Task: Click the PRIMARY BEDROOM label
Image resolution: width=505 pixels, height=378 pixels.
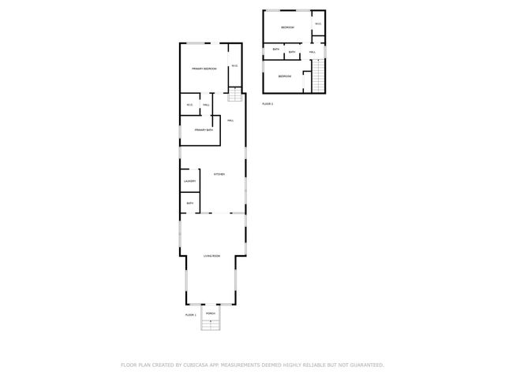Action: tap(204, 69)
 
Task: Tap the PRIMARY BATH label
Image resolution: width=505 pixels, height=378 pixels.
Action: tap(204, 130)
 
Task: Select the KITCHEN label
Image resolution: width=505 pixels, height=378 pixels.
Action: tap(219, 174)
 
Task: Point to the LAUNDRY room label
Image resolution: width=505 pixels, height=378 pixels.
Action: tap(190, 182)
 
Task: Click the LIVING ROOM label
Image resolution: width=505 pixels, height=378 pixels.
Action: tap(211, 256)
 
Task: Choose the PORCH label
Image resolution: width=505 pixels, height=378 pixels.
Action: tap(211, 313)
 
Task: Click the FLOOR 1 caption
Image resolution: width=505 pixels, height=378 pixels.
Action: tap(190, 314)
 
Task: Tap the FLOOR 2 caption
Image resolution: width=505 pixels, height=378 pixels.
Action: tap(267, 103)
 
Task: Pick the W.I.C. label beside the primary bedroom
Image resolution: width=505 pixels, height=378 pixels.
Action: tap(234, 65)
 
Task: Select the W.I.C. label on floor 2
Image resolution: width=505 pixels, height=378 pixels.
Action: tap(318, 24)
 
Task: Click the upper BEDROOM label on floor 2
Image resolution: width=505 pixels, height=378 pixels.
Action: tap(287, 28)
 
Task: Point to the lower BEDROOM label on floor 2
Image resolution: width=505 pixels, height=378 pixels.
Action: tap(284, 76)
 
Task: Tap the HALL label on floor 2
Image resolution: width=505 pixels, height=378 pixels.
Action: tap(312, 53)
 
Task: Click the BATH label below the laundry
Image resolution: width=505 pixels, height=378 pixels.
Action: tap(190, 203)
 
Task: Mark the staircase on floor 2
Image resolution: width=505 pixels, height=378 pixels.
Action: tap(319, 78)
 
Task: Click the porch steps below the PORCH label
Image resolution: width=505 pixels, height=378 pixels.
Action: tap(211, 324)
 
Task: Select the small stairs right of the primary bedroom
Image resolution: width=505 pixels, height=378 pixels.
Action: tap(234, 95)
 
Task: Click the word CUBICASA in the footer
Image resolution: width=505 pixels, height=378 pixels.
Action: tap(199, 365)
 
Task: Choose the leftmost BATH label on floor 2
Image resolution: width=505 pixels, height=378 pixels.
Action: tap(275, 50)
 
